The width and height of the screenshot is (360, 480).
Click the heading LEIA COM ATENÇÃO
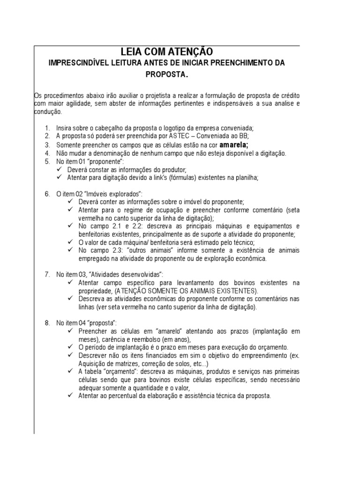pyautogui.click(x=166, y=52)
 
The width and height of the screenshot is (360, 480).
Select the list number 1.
pyautogui.click(x=47, y=128)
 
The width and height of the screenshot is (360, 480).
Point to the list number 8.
pyautogui.click(x=47, y=323)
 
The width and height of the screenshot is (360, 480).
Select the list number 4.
pyautogui.click(x=47, y=153)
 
